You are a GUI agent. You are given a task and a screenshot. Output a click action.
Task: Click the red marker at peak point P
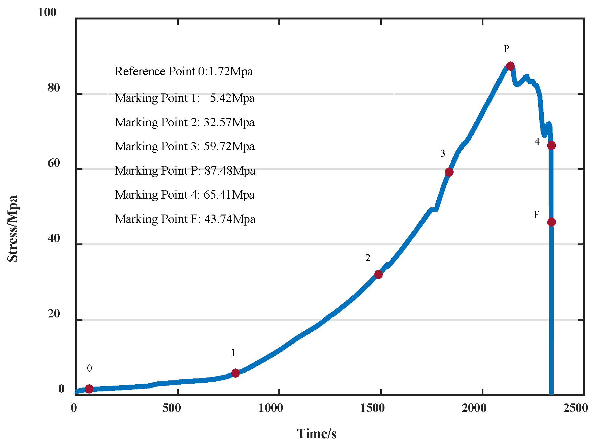click(x=510, y=66)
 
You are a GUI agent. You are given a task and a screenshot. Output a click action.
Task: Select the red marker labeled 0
click(x=89, y=388)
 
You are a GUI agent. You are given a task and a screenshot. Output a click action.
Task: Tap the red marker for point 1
click(x=236, y=373)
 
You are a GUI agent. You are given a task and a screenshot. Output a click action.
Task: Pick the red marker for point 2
click(x=378, y=274)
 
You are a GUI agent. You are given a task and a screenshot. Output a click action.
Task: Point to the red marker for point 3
click(x=449, y=172)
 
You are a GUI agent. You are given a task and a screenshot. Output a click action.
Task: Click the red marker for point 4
click(x=551, y=145)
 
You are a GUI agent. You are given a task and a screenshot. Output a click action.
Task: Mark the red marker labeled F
click(x=551, y=222)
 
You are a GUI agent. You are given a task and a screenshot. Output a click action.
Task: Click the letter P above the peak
click(x=506, y=49)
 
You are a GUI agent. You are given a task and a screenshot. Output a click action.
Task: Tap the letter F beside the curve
click(x=537, y=215)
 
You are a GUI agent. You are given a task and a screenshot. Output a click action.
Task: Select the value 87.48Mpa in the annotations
click(x=230, y=170)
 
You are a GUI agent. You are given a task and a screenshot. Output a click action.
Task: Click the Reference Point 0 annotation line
click(x=184, y=71)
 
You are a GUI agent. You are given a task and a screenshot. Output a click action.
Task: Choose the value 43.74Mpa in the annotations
click(x=230, y=219)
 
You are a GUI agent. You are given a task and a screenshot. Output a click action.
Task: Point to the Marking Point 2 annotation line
click(x=184, y=122)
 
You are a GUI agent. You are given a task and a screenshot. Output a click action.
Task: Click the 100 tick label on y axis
click(x=47, y=12)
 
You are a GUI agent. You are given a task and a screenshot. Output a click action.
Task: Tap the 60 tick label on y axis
click(x=54, y=163)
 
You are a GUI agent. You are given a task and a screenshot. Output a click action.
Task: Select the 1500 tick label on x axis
click(x=372, y=408)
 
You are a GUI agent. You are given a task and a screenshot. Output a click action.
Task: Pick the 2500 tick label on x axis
click(x=576, y=408)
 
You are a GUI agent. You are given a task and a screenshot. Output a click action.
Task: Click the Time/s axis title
click(x=317, y=434)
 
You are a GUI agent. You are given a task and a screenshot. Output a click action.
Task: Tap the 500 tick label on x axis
click(x=172, y=408)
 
